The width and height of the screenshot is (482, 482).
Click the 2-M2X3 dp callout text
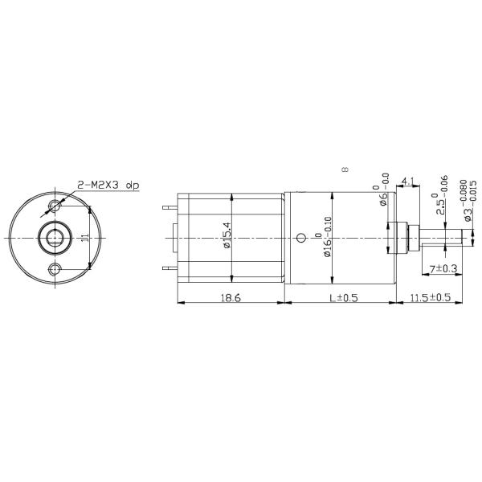[x=108, y=186]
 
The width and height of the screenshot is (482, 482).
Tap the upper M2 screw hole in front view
[x=55, y=207]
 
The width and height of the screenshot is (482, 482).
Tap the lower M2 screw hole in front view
[x=55, y=268]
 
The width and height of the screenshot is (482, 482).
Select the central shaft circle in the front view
[x=55, y=238]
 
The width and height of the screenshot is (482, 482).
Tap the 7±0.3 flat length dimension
[x=443, y=268]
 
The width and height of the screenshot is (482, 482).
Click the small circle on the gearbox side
[x=301, y=237]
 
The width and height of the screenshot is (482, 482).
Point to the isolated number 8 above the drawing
[x=344, y=170]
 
